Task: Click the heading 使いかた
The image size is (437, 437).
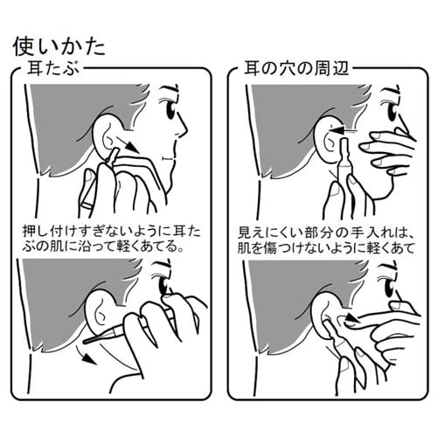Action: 59,46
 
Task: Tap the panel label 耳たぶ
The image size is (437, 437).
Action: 53,69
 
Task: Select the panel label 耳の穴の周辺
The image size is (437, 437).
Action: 296,68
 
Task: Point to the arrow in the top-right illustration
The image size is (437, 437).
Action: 343,130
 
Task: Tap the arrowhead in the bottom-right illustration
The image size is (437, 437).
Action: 350,319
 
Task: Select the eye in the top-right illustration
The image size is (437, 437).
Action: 392,110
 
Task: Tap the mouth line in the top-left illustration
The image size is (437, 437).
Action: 168,159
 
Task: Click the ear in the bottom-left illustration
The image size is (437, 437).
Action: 102,313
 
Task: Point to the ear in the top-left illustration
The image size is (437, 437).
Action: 108,135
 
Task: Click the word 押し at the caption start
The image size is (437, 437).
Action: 32,232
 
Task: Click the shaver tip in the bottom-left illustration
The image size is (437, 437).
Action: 85,341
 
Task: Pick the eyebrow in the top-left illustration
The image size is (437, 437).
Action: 169,90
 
